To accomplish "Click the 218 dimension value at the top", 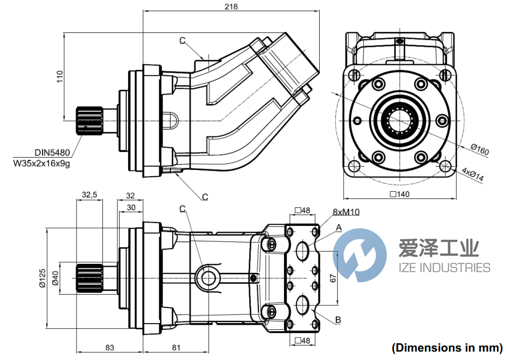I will tap(231, 7).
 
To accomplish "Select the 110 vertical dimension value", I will tap(60, 76).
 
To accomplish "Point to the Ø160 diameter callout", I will tap(480, 149).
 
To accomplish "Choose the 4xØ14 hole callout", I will tap(473, 175).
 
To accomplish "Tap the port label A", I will tap(338, 227).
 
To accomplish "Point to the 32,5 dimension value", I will tap(89, 195).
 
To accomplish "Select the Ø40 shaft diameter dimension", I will tap(55, 278).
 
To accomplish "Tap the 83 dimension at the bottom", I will tap(110, 348).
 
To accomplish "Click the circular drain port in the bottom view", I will tap(209, 277).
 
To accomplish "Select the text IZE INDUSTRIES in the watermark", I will tap(444, 268).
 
